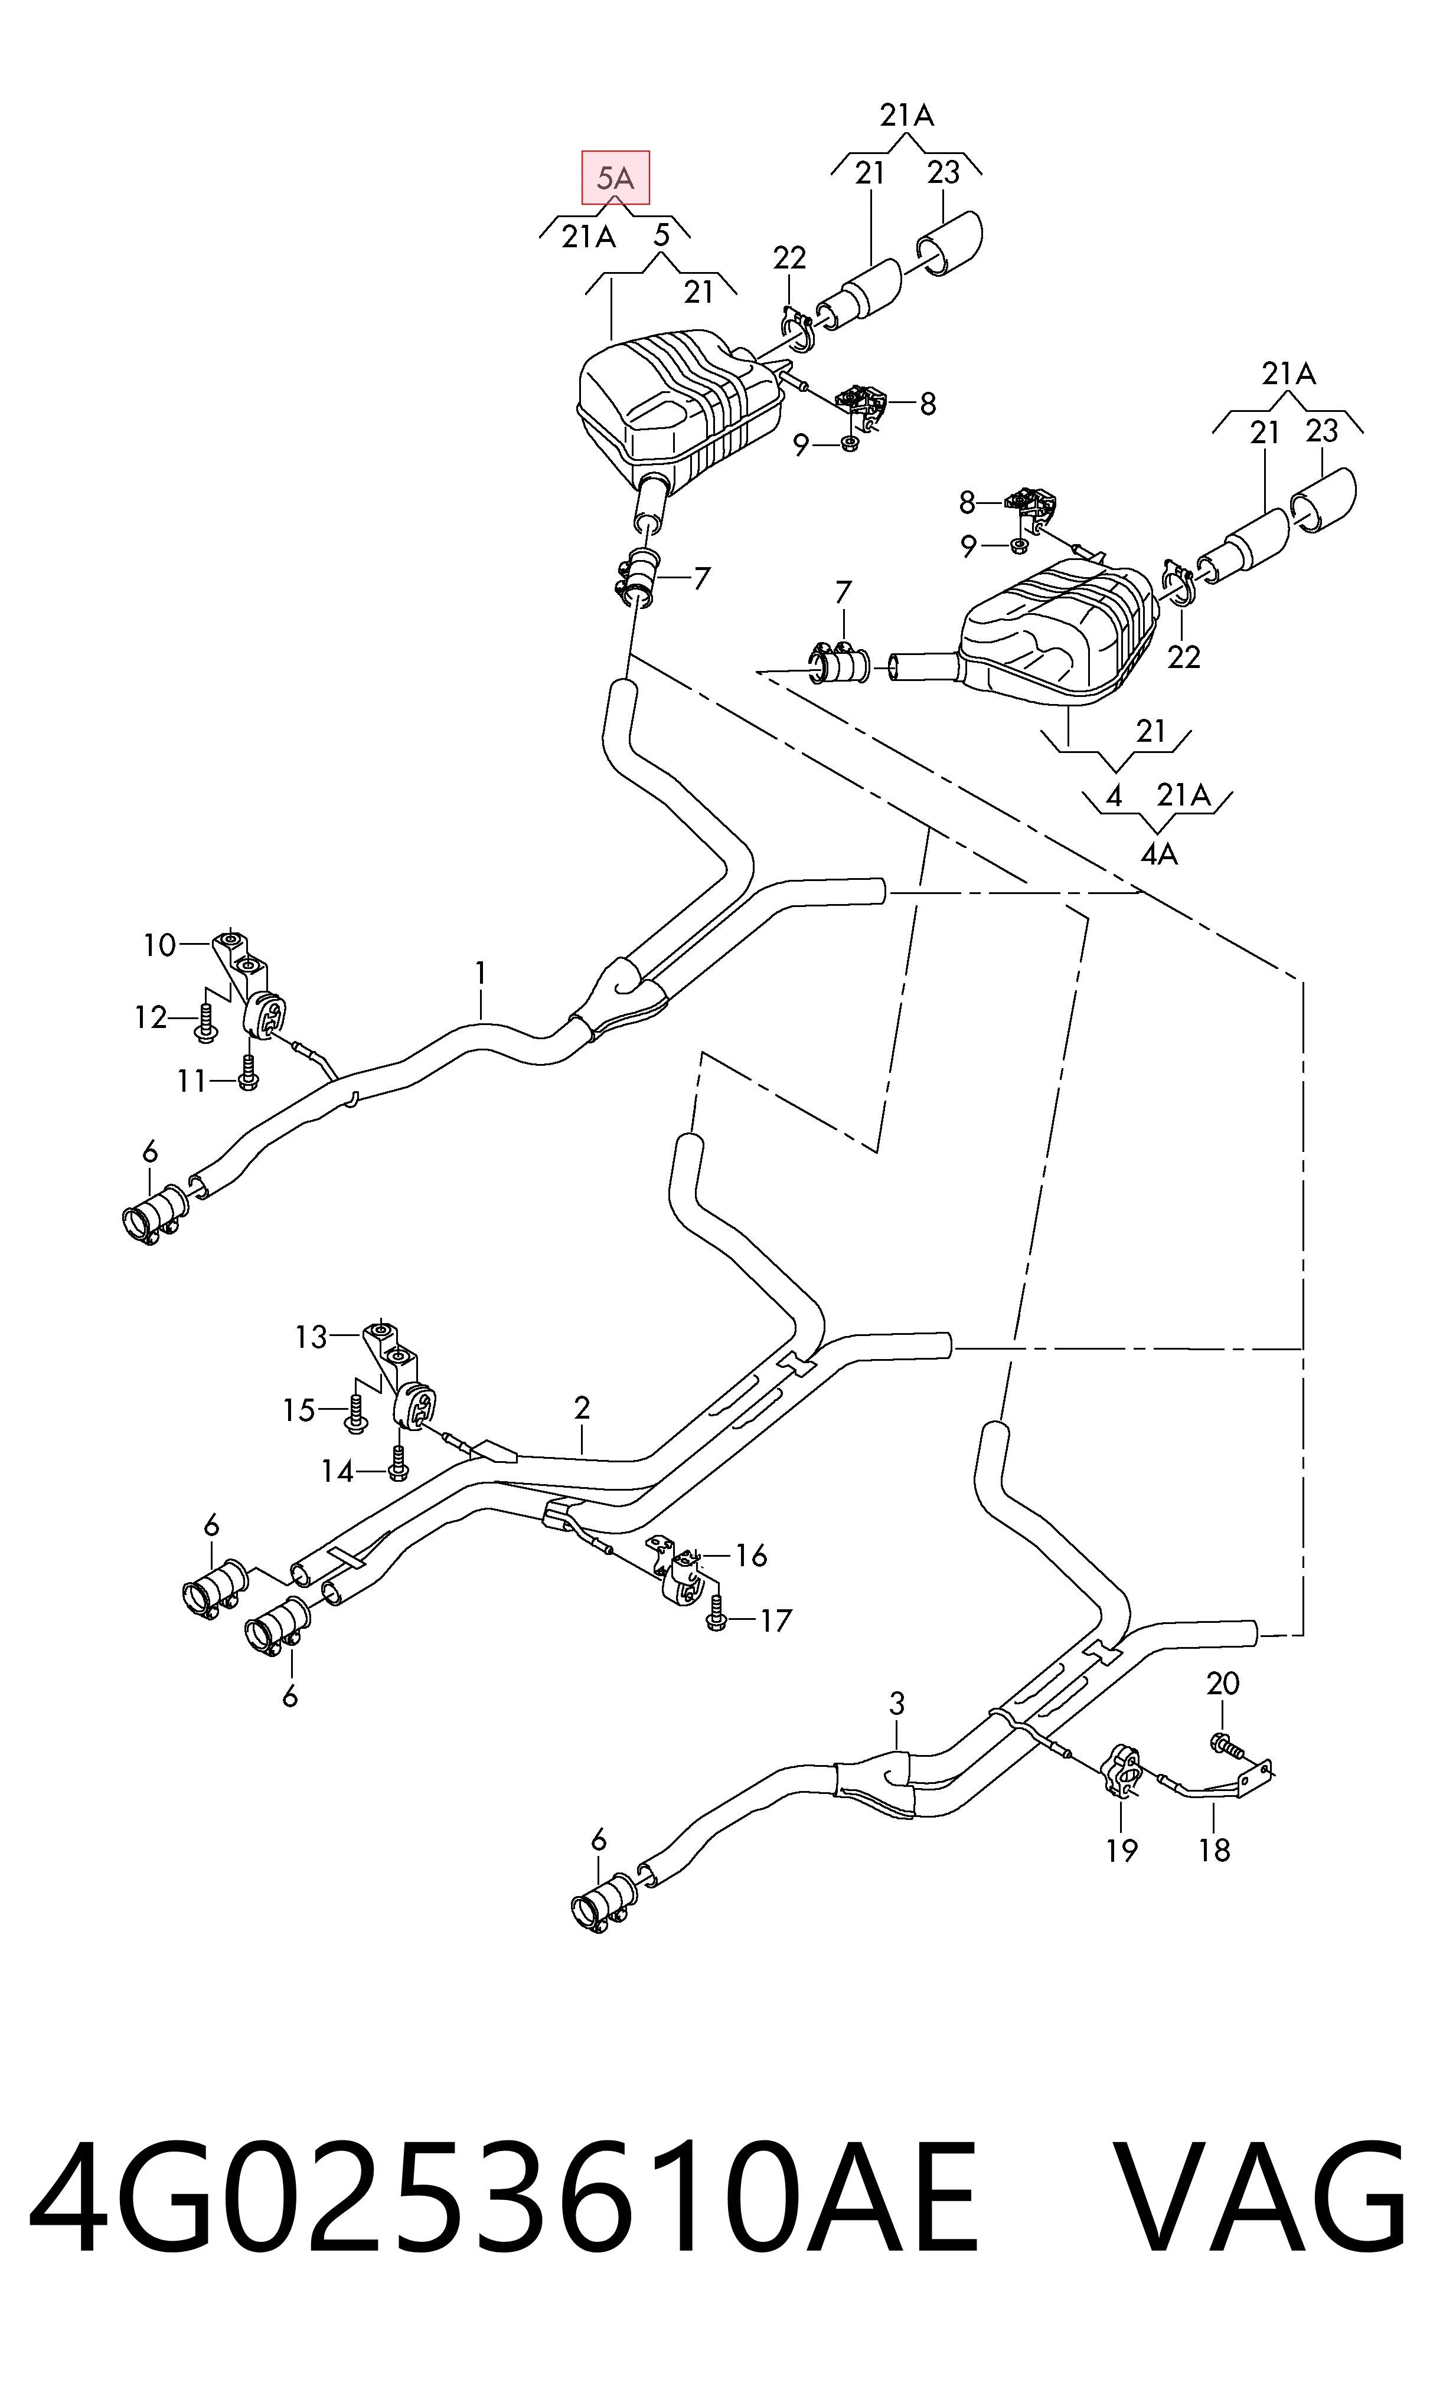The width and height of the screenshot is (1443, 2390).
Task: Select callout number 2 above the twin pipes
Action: point(582,1407)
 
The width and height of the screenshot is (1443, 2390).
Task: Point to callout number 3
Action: point(897,1703)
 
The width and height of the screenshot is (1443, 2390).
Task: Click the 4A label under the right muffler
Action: point(1158,853)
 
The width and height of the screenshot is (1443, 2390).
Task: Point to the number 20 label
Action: point(1223,1683)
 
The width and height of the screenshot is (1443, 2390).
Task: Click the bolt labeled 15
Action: point(355,1413)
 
